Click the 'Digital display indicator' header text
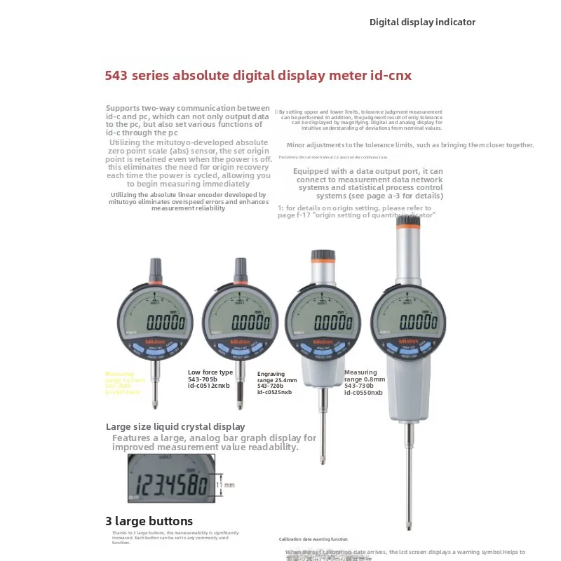422,22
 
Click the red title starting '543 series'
258,74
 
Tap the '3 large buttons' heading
149,521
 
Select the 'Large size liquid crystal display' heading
175,426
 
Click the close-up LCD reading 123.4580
172,485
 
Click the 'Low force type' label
210,372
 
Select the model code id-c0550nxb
363,393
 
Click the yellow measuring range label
123,383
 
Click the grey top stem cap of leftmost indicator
154,266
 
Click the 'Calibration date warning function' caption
313,539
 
